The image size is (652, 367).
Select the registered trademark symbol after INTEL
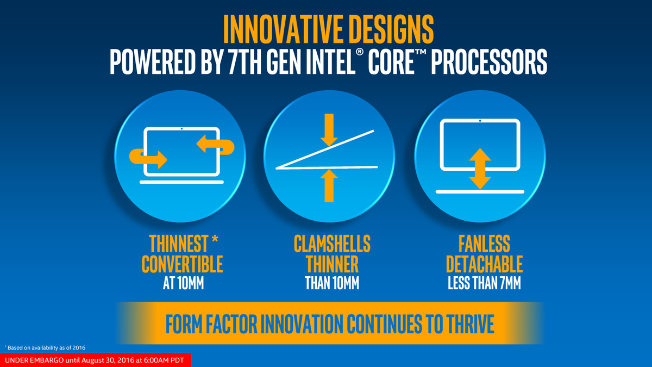click(x=360, y=52)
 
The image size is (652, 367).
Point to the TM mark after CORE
click(x=421, y=52)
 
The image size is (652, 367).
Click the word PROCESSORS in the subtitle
click(x=489, y=62)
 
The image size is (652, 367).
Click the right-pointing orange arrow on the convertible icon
click(x=148, y=159)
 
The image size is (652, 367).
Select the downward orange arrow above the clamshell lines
click(x=329, y=130)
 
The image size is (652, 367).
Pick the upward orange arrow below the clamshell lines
click(x=329, y=185)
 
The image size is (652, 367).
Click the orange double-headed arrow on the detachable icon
click(x=480, y=169)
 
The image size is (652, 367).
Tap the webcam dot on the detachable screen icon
click(x=480, y=121)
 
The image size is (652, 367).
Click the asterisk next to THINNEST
click(x=215, y=239)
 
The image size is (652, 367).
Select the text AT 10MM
click(x=184, y=283)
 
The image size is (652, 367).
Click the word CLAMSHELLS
click(x=332, y=244)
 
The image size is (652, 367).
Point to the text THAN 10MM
click(x=332, y=283)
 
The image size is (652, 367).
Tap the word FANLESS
click(x=484, y=244)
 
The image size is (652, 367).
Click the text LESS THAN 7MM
click(x=484, y=283)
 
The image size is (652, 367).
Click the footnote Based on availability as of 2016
click(x=46, y=348)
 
